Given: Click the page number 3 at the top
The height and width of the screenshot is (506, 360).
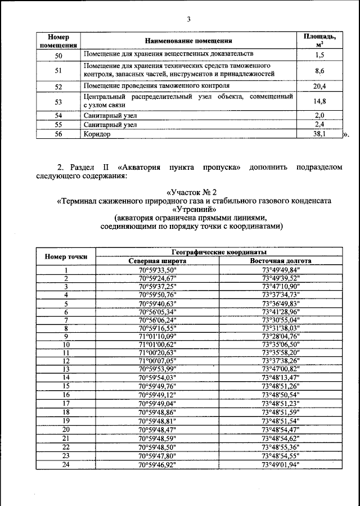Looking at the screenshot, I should click(190, 19).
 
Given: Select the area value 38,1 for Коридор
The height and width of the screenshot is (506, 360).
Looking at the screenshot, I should click(319, 135).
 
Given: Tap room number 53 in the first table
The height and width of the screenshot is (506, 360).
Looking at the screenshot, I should click(58, 102).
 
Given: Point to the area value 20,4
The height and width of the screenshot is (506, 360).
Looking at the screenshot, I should click(319, 86).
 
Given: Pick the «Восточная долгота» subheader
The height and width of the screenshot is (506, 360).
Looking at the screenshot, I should click(281, 261).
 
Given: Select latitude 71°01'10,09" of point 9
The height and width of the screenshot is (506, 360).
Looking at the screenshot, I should click(157, 336).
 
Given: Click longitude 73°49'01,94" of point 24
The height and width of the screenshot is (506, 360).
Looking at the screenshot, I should click(281, 465).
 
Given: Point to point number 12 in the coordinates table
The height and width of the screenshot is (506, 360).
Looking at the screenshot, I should click(66, 361).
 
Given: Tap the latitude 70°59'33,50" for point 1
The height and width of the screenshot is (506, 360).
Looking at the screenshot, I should click(157, 269).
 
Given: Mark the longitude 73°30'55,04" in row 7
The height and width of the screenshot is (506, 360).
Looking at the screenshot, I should click(281, 319).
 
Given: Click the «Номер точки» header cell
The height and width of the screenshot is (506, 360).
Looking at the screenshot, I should click(66, 256).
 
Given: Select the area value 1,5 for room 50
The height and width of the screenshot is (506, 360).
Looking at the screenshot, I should click(319, 55).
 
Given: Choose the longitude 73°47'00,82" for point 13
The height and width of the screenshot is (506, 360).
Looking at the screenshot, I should click(281, 369).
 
